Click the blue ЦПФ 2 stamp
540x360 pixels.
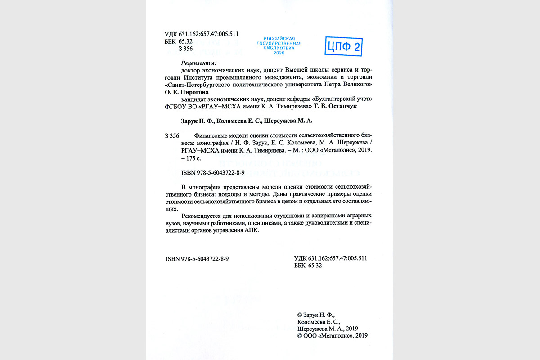pos(344,46)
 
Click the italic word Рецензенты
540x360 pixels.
pos(198,63)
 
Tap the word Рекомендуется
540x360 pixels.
pos(201,215)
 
